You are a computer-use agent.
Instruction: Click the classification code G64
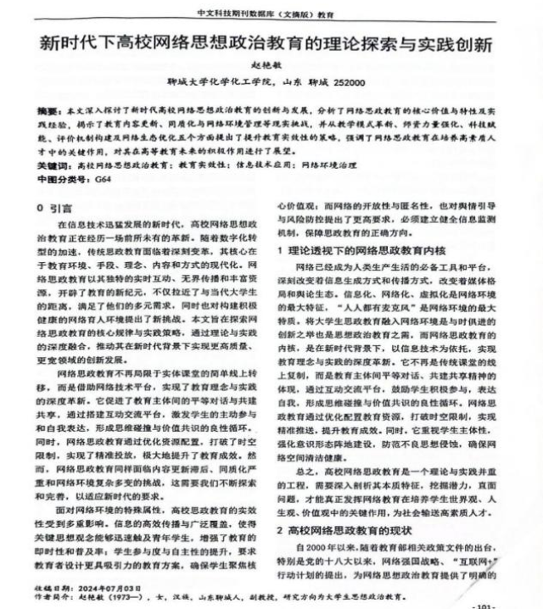click(x=103, y=181)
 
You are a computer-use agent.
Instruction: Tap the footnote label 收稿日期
click(x=52, y=585)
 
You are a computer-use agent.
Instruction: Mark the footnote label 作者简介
click(x=52, y=595)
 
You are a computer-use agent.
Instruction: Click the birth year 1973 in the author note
click(x=124, y=595)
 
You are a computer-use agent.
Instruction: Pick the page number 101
click(x=484, y=604)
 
